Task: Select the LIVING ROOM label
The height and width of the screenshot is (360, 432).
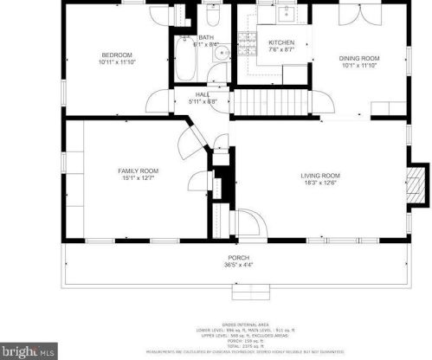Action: coord(319,175)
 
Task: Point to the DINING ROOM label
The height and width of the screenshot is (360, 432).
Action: coord(358,58)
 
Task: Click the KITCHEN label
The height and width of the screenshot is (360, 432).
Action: coord(280,42)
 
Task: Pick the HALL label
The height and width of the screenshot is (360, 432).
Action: coord(203,94)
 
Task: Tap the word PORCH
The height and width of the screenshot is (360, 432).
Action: coord(238,258)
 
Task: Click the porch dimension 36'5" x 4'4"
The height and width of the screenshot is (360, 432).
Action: coord(238,265)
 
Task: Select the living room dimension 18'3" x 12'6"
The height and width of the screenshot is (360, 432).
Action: coord(319,183)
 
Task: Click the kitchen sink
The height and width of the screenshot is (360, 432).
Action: coord(284,12)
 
